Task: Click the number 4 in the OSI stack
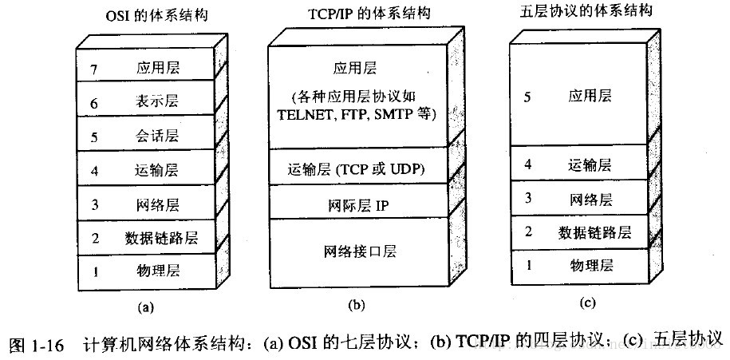96,170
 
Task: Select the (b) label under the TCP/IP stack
357,304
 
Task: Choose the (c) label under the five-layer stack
586,303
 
